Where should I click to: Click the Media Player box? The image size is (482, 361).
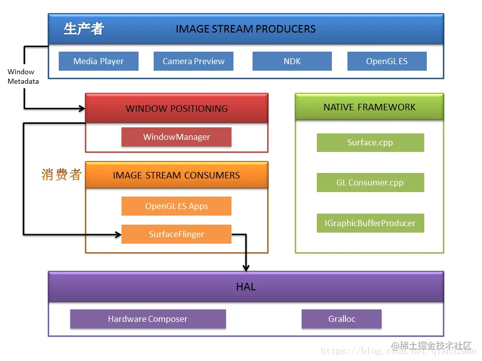point(98,61)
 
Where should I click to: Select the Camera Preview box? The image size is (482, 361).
point(193,61)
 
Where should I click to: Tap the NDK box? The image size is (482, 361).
point(292,61)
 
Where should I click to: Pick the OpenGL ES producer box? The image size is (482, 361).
point(387,61)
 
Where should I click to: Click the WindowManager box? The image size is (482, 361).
point(176,137)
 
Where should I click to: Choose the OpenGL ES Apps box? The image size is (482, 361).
point(176,206)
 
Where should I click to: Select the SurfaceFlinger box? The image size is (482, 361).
point(176,234)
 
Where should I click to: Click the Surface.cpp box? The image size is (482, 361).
point(370,142)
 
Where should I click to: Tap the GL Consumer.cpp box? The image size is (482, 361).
point(370,183)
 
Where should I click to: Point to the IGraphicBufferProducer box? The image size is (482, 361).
point(370,223)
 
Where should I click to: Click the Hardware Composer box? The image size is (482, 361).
point(148,319)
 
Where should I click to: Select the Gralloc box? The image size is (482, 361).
point(341,319)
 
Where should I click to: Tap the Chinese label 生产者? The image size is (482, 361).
point(83,29)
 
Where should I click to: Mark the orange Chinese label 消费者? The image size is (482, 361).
point(61,174)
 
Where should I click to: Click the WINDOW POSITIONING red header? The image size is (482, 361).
point(176,108)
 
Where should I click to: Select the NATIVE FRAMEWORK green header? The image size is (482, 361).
point(369,107)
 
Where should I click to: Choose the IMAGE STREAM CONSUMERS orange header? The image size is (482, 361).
point(176,175)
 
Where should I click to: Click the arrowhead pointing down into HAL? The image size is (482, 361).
point(246,267)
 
